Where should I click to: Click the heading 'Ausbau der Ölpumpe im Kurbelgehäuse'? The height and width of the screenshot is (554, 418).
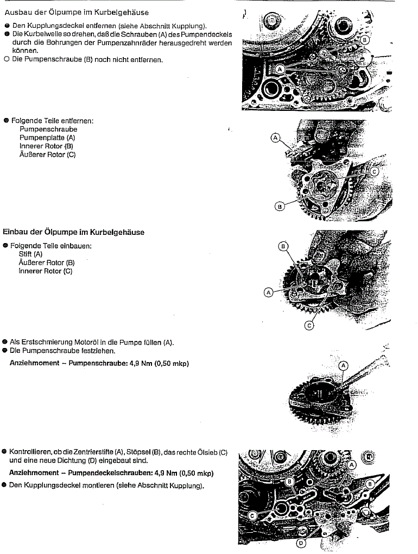(x=76, y=12)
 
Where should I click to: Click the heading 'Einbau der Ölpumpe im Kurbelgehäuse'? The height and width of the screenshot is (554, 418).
(x=74, y=232)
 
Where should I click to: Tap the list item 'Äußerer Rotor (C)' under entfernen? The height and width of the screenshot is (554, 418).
(x=47, y=154)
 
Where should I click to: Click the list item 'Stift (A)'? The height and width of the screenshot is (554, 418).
(x=30, y=254)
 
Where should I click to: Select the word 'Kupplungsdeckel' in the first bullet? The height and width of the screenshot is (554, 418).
(x=45, y=26)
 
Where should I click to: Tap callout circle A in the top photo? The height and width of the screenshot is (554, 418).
(x=280, y=70)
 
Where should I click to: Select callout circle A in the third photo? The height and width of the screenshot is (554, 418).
(x=268, y=292)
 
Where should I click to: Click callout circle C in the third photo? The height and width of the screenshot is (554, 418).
(x=308, y=326)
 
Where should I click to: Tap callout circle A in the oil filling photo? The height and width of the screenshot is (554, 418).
(x=343, y=366)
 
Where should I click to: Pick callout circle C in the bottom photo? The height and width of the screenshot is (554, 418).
(x=253, y=514)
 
